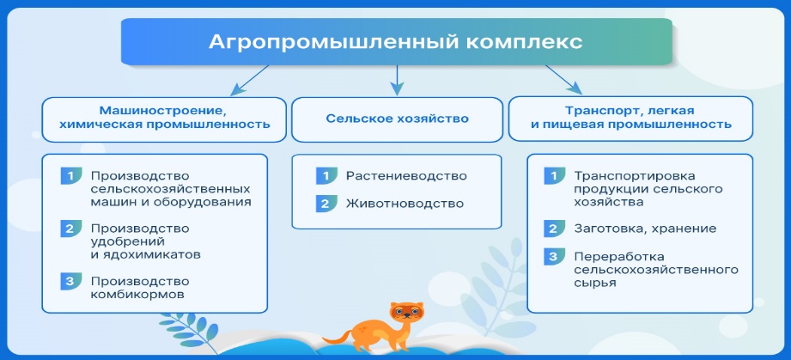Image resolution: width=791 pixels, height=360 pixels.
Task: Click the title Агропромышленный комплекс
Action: [x=396, y=42]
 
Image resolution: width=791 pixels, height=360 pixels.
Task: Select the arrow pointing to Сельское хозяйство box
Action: [x=397, y=80]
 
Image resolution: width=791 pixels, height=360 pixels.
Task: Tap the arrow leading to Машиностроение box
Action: [x=250, y=80]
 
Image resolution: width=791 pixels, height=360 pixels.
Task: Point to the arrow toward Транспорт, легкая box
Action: [x=563, y=79]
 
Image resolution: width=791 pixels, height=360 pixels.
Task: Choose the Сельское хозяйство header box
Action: [x=397, y=119]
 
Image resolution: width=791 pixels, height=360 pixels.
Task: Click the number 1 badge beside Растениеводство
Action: [x=326, y=176]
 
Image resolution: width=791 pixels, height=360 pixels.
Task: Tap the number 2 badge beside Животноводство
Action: [x=326, y=204]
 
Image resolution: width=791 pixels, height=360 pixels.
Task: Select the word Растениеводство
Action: [x=406, y=176]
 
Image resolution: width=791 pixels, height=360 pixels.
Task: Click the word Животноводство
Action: [x=405, y=204]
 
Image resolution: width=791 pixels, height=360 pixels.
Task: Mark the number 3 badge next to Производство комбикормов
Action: [x=71, y=281]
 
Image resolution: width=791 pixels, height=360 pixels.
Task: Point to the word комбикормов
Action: [x=137, y=294]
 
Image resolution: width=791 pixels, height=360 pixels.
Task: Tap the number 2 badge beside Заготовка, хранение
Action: [x=554, y=229]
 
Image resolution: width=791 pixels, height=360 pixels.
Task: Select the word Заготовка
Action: [x=607, y=229]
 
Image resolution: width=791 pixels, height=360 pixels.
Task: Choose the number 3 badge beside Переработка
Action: [x=554, y=257]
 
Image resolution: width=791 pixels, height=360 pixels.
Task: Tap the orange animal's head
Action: [x=406, y=313]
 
